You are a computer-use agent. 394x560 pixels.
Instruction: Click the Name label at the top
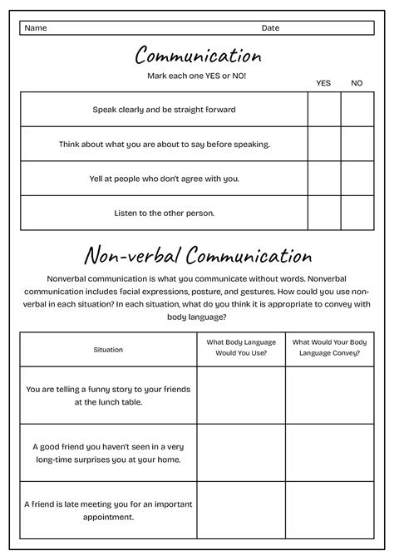click(x=36, y=28)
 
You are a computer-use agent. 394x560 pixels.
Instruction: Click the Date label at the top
click(x=270, y=28)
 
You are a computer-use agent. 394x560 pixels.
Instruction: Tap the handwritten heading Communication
click(x=198, y=56)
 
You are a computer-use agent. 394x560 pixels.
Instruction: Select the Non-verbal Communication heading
click(x=198, y=254)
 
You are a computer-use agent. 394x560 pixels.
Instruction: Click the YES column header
click(x=323, y=83)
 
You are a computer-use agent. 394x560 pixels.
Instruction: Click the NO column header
click(x=357, y=83)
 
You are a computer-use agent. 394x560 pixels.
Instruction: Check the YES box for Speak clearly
click(x=324, y=109)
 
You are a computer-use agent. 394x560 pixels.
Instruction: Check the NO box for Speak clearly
click(x=357, y=109)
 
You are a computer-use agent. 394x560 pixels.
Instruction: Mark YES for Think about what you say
click(x=324, y=144)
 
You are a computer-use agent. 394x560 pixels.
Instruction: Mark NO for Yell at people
click(x=357, y=178)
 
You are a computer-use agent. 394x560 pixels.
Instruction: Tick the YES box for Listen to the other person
click(x=324, y=213)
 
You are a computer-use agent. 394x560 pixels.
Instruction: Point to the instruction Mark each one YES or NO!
click(x=197, y=76)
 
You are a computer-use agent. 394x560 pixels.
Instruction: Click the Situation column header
click(x=108, y=350)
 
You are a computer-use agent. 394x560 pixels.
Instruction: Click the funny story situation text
click(x=108, y=395)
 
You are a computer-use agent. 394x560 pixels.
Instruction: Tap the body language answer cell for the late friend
click(x=241, y=510)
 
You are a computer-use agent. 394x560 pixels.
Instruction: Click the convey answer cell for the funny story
click(x=330, y=395)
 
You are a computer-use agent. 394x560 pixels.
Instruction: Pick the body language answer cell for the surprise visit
click(x=241, y=453)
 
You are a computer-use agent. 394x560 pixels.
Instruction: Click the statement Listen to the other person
click(x=165, y=213)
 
